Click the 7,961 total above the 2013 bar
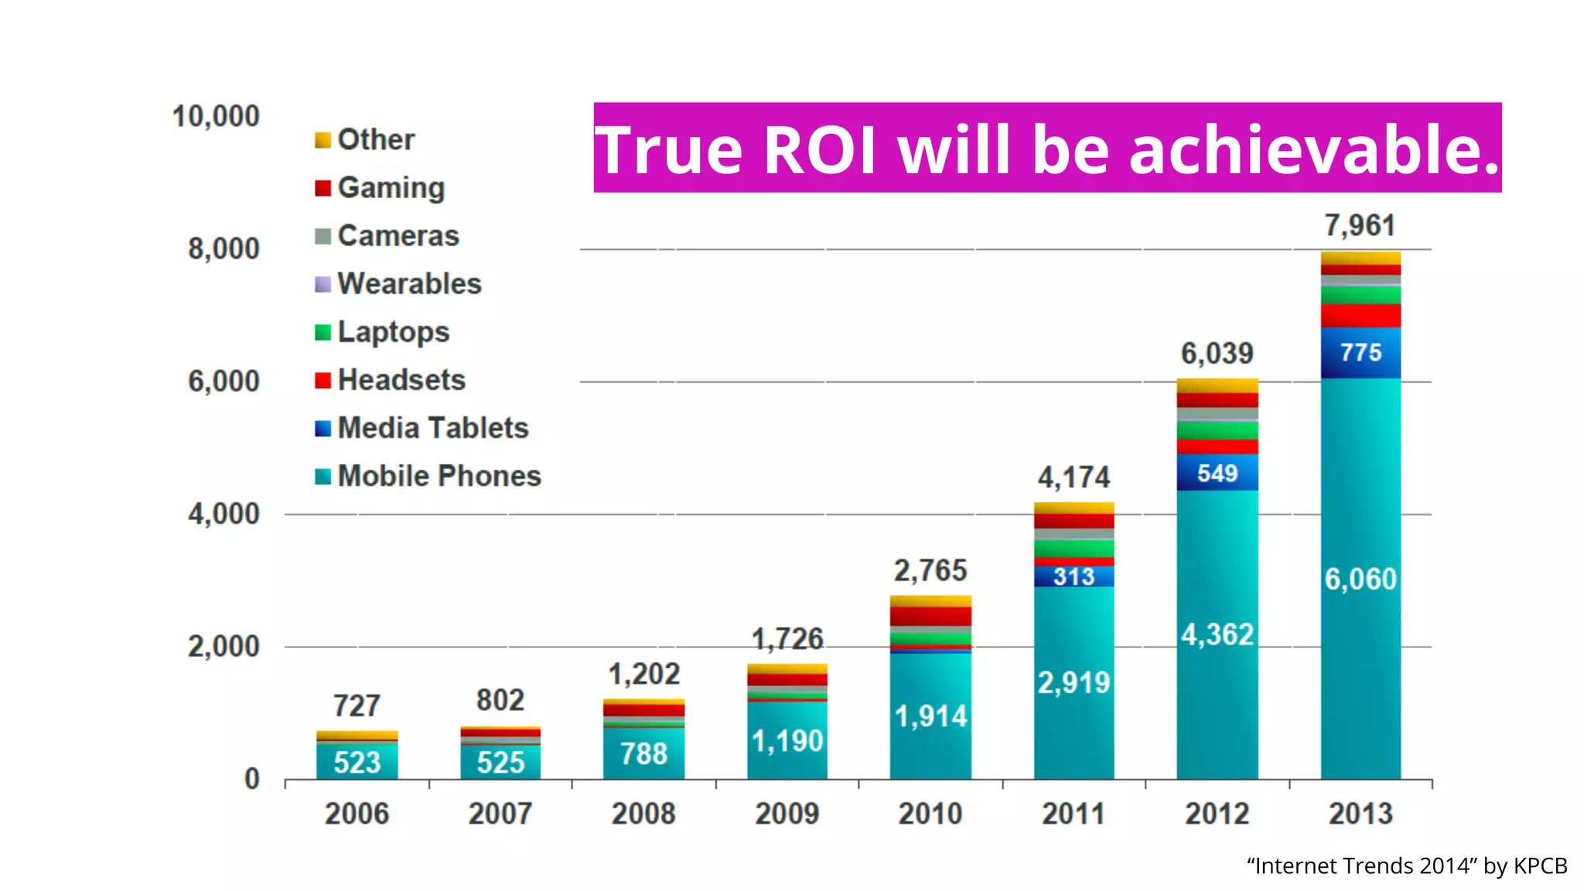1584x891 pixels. pyautogui.click(x=1360, y=226)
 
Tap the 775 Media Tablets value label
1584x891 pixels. pyautogui.click(x=1360, y=353)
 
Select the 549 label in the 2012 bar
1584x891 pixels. pyautogui.click(x=1217, y=473)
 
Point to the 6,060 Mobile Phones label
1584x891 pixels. pyautogui.click(x=1360, y=579)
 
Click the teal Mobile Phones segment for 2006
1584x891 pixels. pyautogui.click(x=357, y=762)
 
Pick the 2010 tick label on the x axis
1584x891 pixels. pyautogui.click(x=930, y=814)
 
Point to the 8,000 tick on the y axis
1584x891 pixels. pyautogui.click(x=224, y=249)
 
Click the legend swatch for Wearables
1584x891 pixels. pyautogui.click(x=323, y=285)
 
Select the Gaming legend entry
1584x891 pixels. pyautogui.click(x=391, y=188)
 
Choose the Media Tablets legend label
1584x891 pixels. pyautogui.click(x=432, y=428)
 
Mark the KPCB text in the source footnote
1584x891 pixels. pyautogui.click(x=1540, y=865)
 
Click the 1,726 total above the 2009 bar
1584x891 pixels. pyautogui.click(x=787, y=639)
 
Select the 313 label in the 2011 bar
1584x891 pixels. pyautogui.click(x=1074, y=577)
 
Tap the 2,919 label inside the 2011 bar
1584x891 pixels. pyautogui.click(x=1074, y=682)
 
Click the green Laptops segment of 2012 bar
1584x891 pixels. pyautogui.click(x=1217, y=431)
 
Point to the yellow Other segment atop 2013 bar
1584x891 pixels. pyautogui.click(x=1360, y=258)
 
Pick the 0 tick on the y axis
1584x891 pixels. pyautogui.click(x=252, y=779)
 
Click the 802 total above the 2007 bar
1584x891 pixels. pyautogui.click(x=500, y=701)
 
